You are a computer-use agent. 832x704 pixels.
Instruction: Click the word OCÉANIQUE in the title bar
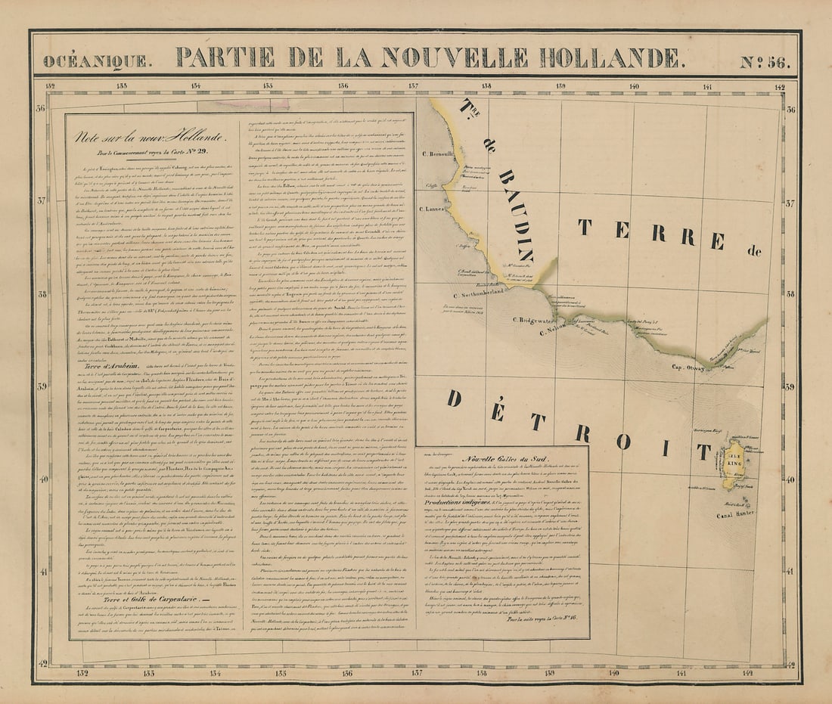(x=96, y=61)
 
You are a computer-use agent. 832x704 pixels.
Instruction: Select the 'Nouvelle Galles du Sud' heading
(x=499, y=460)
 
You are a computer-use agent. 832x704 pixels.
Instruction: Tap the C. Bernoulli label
(x=438, y=153)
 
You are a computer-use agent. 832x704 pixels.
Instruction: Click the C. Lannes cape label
(x=433, y=209)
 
